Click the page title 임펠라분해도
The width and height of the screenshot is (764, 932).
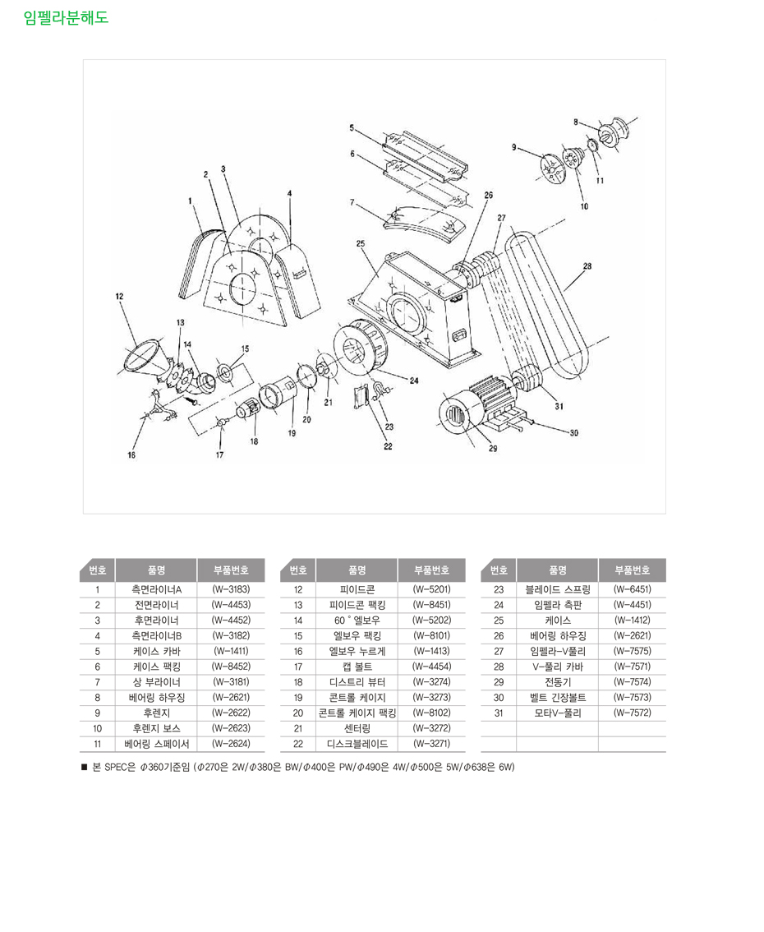tap(66, 16)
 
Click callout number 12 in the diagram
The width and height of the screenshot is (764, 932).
tap(119, 296)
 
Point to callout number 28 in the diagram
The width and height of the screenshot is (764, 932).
tap(587, 265)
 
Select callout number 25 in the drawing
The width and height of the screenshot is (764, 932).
tap(360, 243)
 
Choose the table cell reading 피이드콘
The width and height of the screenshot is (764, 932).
tap(357, 589)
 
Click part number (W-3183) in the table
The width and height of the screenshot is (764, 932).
tap(230, 589)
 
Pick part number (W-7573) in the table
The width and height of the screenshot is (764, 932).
tap(632, 698)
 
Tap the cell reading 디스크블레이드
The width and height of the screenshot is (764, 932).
tap(357, 744)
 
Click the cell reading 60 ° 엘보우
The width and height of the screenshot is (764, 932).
tap(357, 621)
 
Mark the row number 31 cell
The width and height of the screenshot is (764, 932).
tap(498, 713)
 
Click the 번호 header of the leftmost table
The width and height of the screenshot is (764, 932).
tap(97, 570)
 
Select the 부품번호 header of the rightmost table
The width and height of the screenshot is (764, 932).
tap(632, 570)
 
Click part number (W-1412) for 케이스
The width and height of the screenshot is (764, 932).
tap(632, 621)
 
